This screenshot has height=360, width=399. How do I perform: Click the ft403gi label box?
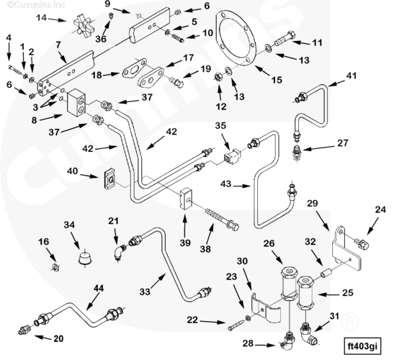pyautogui.click(x=363, y=346)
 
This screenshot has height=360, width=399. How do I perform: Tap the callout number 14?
pyautogui.click(x=42, y=18)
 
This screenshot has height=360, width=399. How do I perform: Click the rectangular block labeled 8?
pyautogui.click(x=76, y=102)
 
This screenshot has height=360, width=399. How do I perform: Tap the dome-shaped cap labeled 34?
pyautogui.click(x=85, y=258)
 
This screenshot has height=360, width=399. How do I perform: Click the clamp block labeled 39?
pyautogui.click(x=186, y=198)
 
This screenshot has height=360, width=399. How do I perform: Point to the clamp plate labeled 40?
pyautogui.click(x=109, y=179)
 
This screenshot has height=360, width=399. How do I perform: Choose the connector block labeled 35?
pyautogui.click(x=232, y=156)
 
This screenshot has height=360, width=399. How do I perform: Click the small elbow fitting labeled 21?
pyautogui.click(x=120, y=252)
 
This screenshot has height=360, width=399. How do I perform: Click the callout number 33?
pyautogui.click(x=145, y=292)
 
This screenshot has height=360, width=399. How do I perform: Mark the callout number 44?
pyautogui.click(x=99, y=288)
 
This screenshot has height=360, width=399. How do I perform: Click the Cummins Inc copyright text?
pyautogui.click(x=36, y=4)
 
